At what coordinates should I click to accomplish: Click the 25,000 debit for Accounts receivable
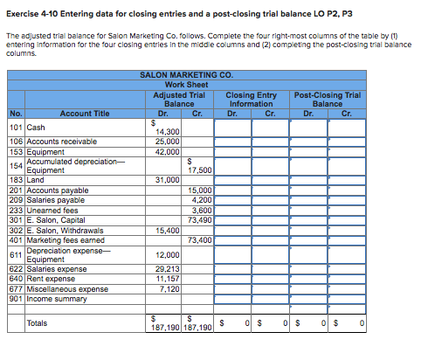pyautogui.click(x=167, y=141)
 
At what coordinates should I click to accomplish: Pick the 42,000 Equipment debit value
pyautogui.click(x=167, y=151)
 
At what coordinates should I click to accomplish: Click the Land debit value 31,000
pyautogui.click(x=167, y=179)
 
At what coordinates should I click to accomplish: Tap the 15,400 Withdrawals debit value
pyautogui.click(x=167, y=230)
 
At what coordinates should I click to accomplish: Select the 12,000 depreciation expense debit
pyautogui.click(x=167, y=253)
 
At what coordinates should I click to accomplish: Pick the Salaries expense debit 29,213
pyautogui.click(x=166, y=269)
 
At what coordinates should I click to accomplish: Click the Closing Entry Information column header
pyautogui.click(x=251, y=98)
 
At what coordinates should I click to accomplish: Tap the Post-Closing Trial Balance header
pyautogui.click(x=328, y=98)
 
